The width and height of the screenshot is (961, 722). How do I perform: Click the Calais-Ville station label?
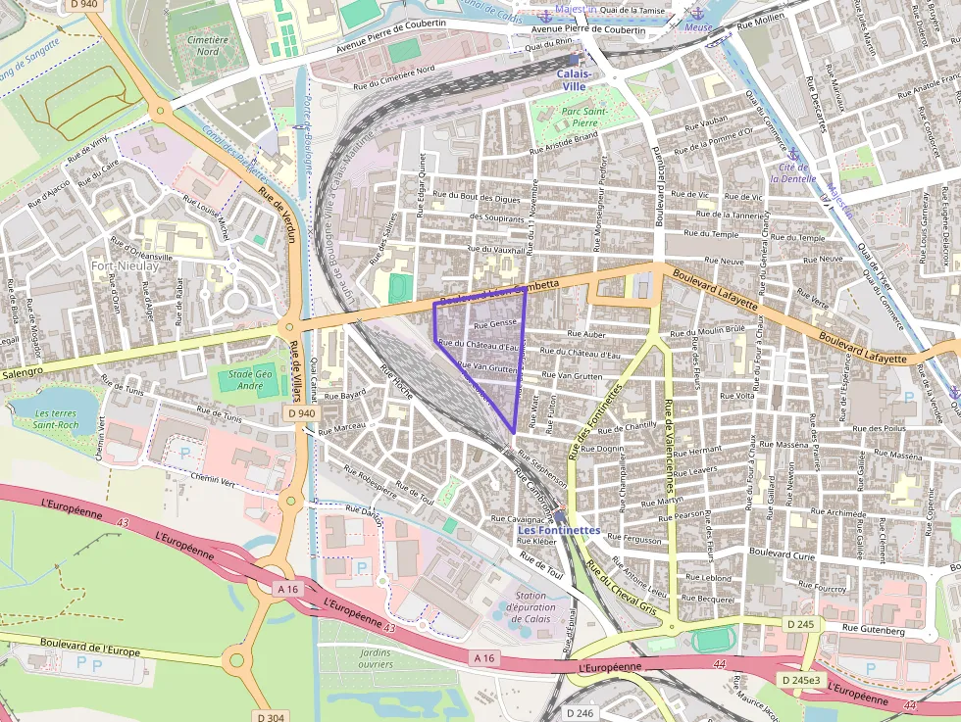pos(574,79)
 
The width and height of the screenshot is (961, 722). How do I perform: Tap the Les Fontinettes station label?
pos(558,530)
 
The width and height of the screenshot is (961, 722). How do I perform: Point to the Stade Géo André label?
pos(250,380)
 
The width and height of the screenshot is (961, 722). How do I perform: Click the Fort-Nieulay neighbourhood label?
pos(126,265)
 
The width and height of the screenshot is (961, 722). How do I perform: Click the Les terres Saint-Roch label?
pos(55,419)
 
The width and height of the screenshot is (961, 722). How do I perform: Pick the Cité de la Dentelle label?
pos(792,173)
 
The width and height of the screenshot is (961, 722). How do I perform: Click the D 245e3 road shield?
pos(800,679)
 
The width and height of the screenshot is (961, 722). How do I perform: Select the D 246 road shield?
pos(581,713)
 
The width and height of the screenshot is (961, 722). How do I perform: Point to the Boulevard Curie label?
pos(782,554)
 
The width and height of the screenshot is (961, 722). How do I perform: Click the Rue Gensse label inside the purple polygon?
pos(494,323)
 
